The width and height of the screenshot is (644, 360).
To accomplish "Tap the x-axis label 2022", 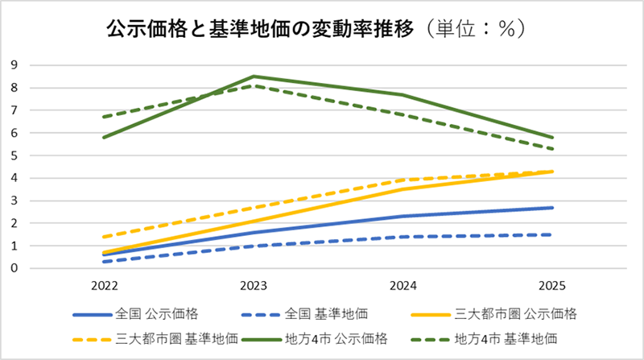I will click(104, 286).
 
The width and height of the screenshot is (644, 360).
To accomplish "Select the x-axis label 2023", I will click(254, 286).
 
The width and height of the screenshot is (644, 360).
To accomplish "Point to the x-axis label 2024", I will click(402, 286).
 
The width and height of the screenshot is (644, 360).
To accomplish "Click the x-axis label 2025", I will click(552, 286).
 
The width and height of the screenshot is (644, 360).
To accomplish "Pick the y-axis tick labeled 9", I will click(14, 65).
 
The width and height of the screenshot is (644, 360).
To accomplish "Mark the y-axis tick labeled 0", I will click(14, 268).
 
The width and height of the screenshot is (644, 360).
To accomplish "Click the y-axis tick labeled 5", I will click(14, 155).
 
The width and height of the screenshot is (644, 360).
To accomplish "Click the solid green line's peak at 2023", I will click(254, 77).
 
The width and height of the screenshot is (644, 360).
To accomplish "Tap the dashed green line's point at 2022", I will click(104, 117).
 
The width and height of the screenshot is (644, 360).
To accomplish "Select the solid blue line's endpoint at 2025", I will click(552, 208).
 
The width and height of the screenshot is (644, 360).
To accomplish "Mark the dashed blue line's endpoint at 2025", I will click(552, 234).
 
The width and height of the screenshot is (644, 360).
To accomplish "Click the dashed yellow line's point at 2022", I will click(104, 237).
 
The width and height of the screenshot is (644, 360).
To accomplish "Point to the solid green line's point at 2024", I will click(402, 95).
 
